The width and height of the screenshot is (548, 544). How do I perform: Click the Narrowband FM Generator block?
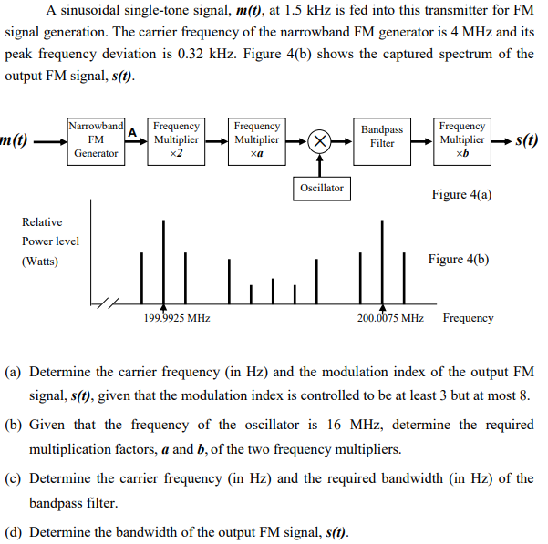96,139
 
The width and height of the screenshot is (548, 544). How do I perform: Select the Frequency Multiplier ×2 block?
176,139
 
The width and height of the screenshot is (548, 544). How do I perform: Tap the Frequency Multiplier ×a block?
256,139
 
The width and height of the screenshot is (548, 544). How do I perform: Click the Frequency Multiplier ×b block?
461,139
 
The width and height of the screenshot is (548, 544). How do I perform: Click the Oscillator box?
321,188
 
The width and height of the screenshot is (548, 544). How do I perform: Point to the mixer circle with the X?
319,141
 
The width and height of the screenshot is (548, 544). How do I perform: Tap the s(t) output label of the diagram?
527,141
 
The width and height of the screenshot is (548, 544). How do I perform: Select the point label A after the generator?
132,132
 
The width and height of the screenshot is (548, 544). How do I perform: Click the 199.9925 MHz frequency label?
177,318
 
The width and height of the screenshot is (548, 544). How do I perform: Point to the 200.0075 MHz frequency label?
389,318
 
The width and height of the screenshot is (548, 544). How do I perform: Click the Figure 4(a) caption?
461,195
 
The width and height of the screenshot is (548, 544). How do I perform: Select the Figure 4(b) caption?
458,259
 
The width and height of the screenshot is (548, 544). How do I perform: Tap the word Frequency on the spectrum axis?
468,318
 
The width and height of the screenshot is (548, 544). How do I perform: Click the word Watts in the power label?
40,262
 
